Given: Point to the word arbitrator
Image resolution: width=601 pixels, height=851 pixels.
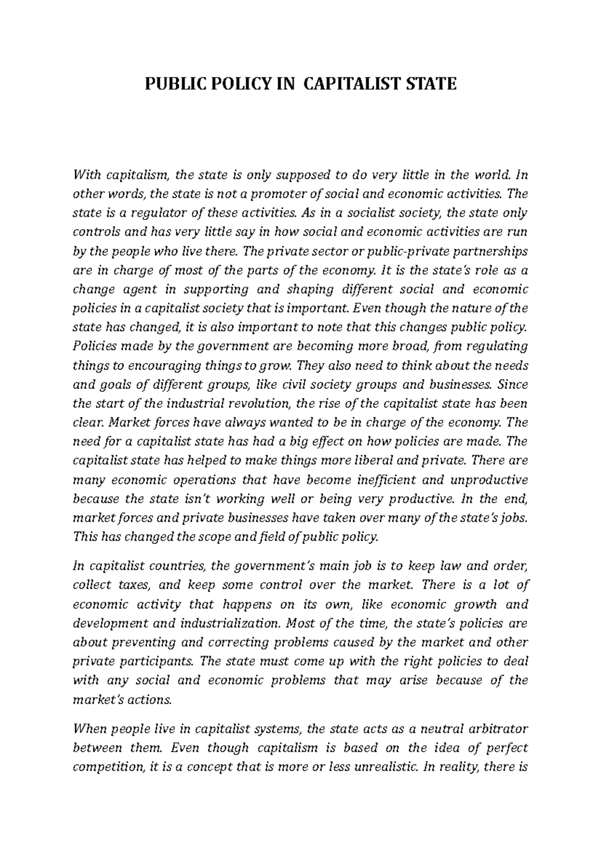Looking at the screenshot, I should click(x=495, y=728).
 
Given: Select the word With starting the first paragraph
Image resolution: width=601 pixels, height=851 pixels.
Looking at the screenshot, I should click(x=87, y=175).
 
